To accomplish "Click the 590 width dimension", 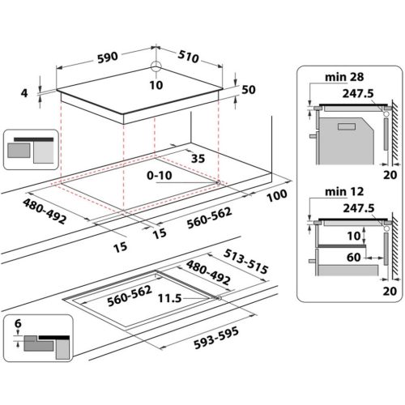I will click(109, 57).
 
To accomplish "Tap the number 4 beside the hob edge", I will click(25, 94).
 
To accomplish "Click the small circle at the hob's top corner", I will click(155, 69).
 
